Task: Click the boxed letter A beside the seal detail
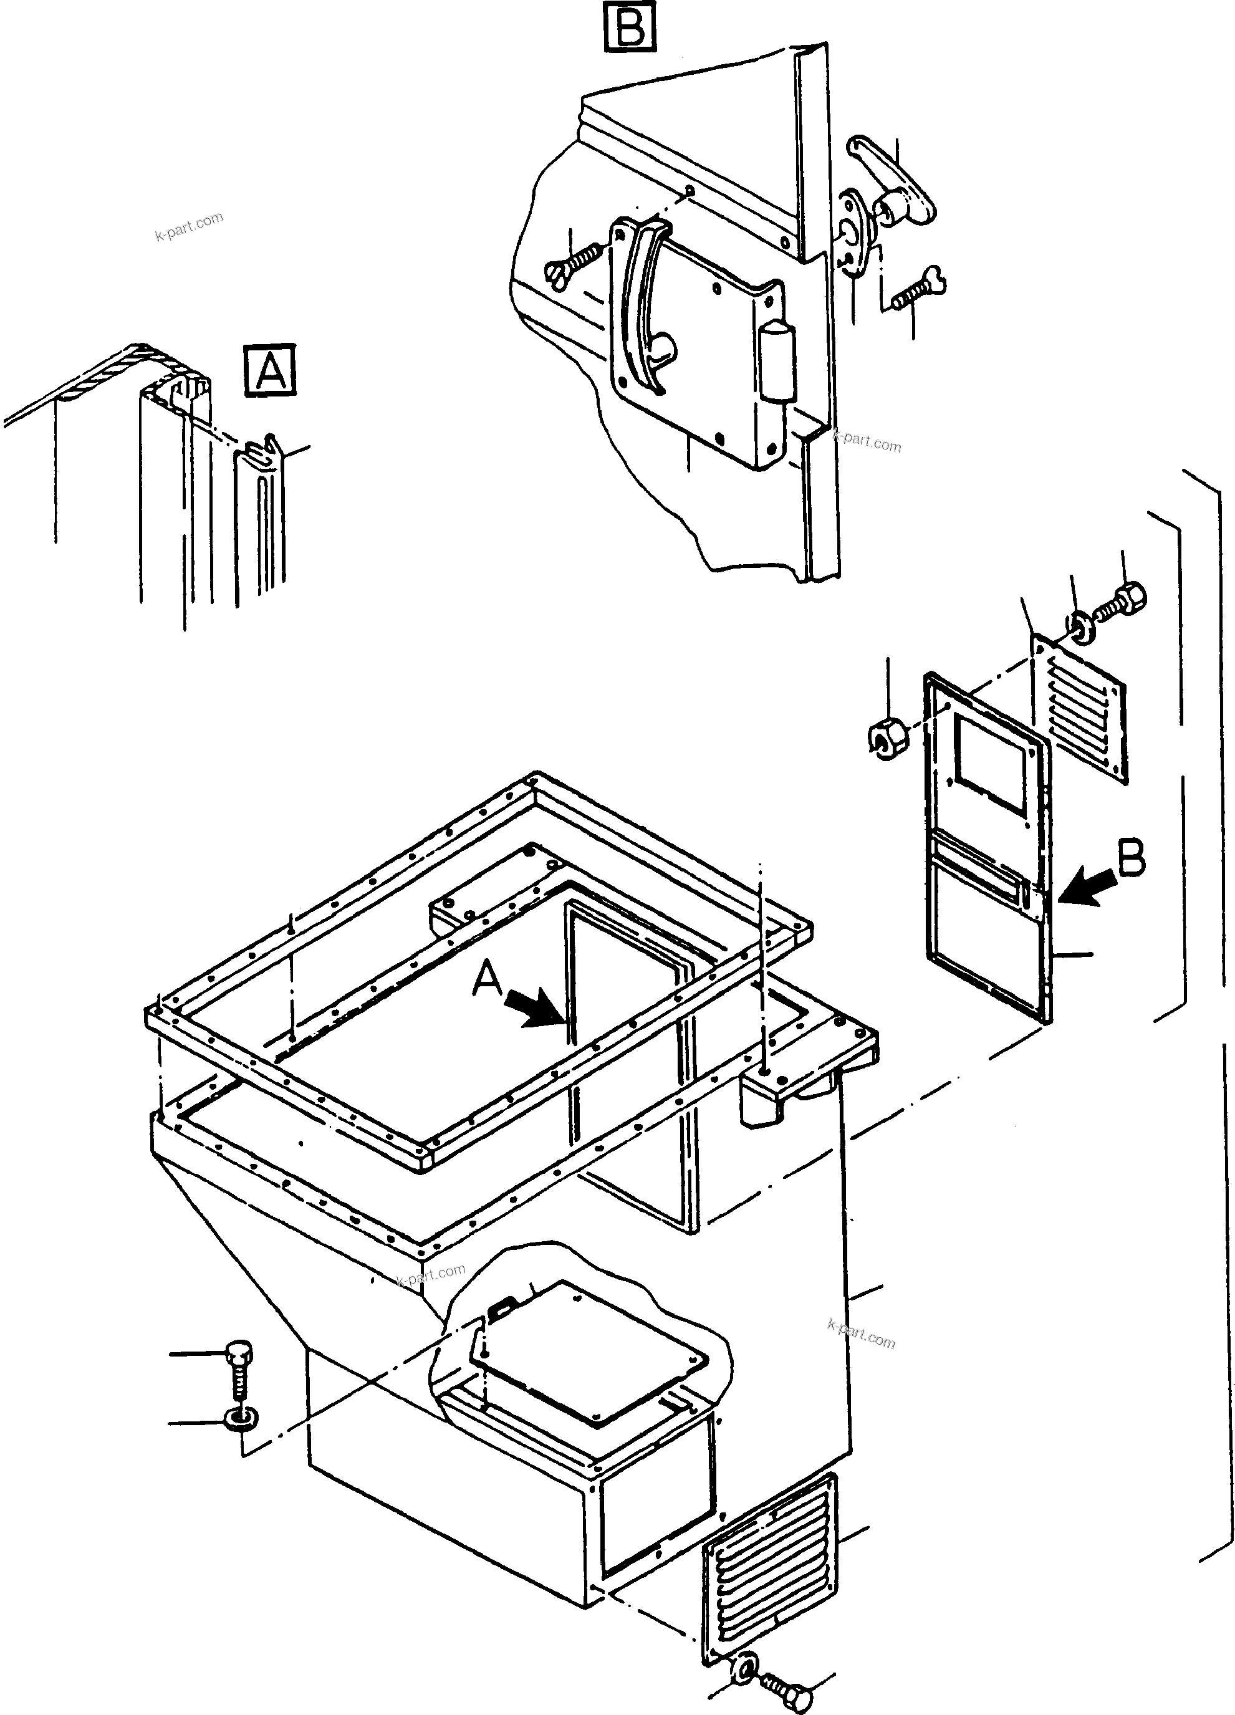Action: coord(270,370)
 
